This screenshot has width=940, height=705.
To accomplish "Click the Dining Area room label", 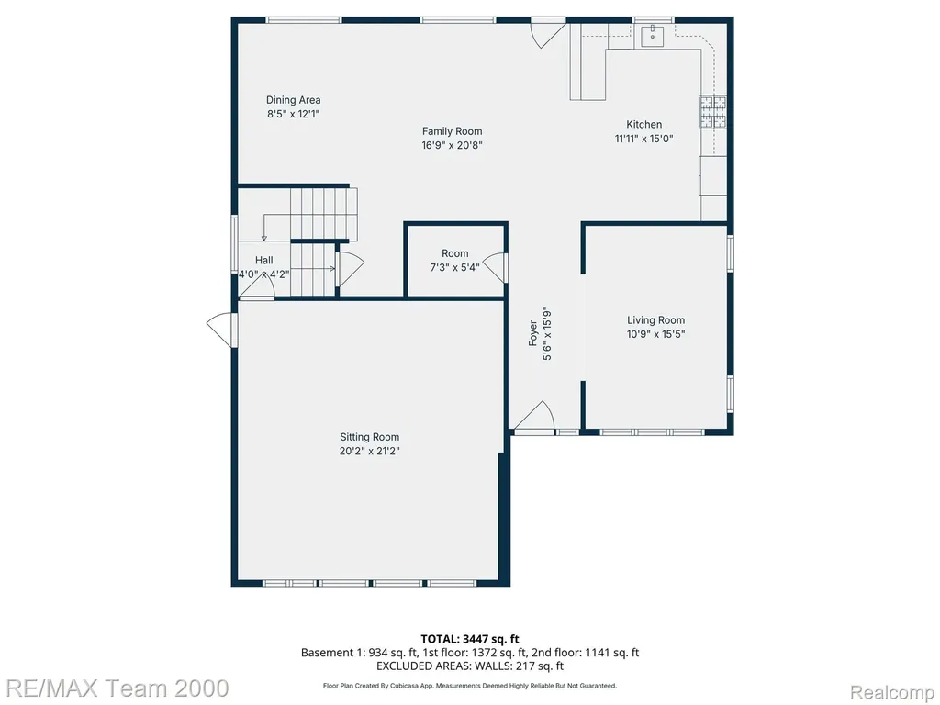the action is click(x=293, y=100).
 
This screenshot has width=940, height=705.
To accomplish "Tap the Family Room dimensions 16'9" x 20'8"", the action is click(x=452, y=145).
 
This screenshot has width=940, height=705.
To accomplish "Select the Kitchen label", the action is click(x=643, y=125).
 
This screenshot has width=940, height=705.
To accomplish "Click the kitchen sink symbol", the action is click(x=653, y=36).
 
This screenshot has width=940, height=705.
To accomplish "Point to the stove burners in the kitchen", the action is click(x=712, y=112).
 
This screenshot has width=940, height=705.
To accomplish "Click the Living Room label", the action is click(x=655, y=320).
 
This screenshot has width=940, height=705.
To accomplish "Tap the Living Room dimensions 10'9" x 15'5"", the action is click(x=655, y=334).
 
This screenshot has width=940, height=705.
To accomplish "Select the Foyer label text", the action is click(x=533, y=333).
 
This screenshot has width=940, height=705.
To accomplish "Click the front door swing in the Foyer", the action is click(x=534, y=416).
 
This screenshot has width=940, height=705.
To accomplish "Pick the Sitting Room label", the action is click(x=369, y=437).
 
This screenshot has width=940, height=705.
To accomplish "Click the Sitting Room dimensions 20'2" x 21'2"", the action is click(x=369, y=451).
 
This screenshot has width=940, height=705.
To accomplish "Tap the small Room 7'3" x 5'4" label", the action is click(x=455, y=253).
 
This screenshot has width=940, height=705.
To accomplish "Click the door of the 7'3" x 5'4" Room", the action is click(x=494, y=268).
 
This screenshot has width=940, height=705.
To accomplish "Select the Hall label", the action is click(x=263, y=260).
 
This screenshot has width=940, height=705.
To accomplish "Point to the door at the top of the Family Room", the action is click(x=548, y=33).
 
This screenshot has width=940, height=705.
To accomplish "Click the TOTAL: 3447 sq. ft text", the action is click(x=469, y=639).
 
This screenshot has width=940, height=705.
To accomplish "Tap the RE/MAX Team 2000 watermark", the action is click(x=115, y=688).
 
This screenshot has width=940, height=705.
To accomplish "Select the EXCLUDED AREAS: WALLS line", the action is click(x=469, y=666).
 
